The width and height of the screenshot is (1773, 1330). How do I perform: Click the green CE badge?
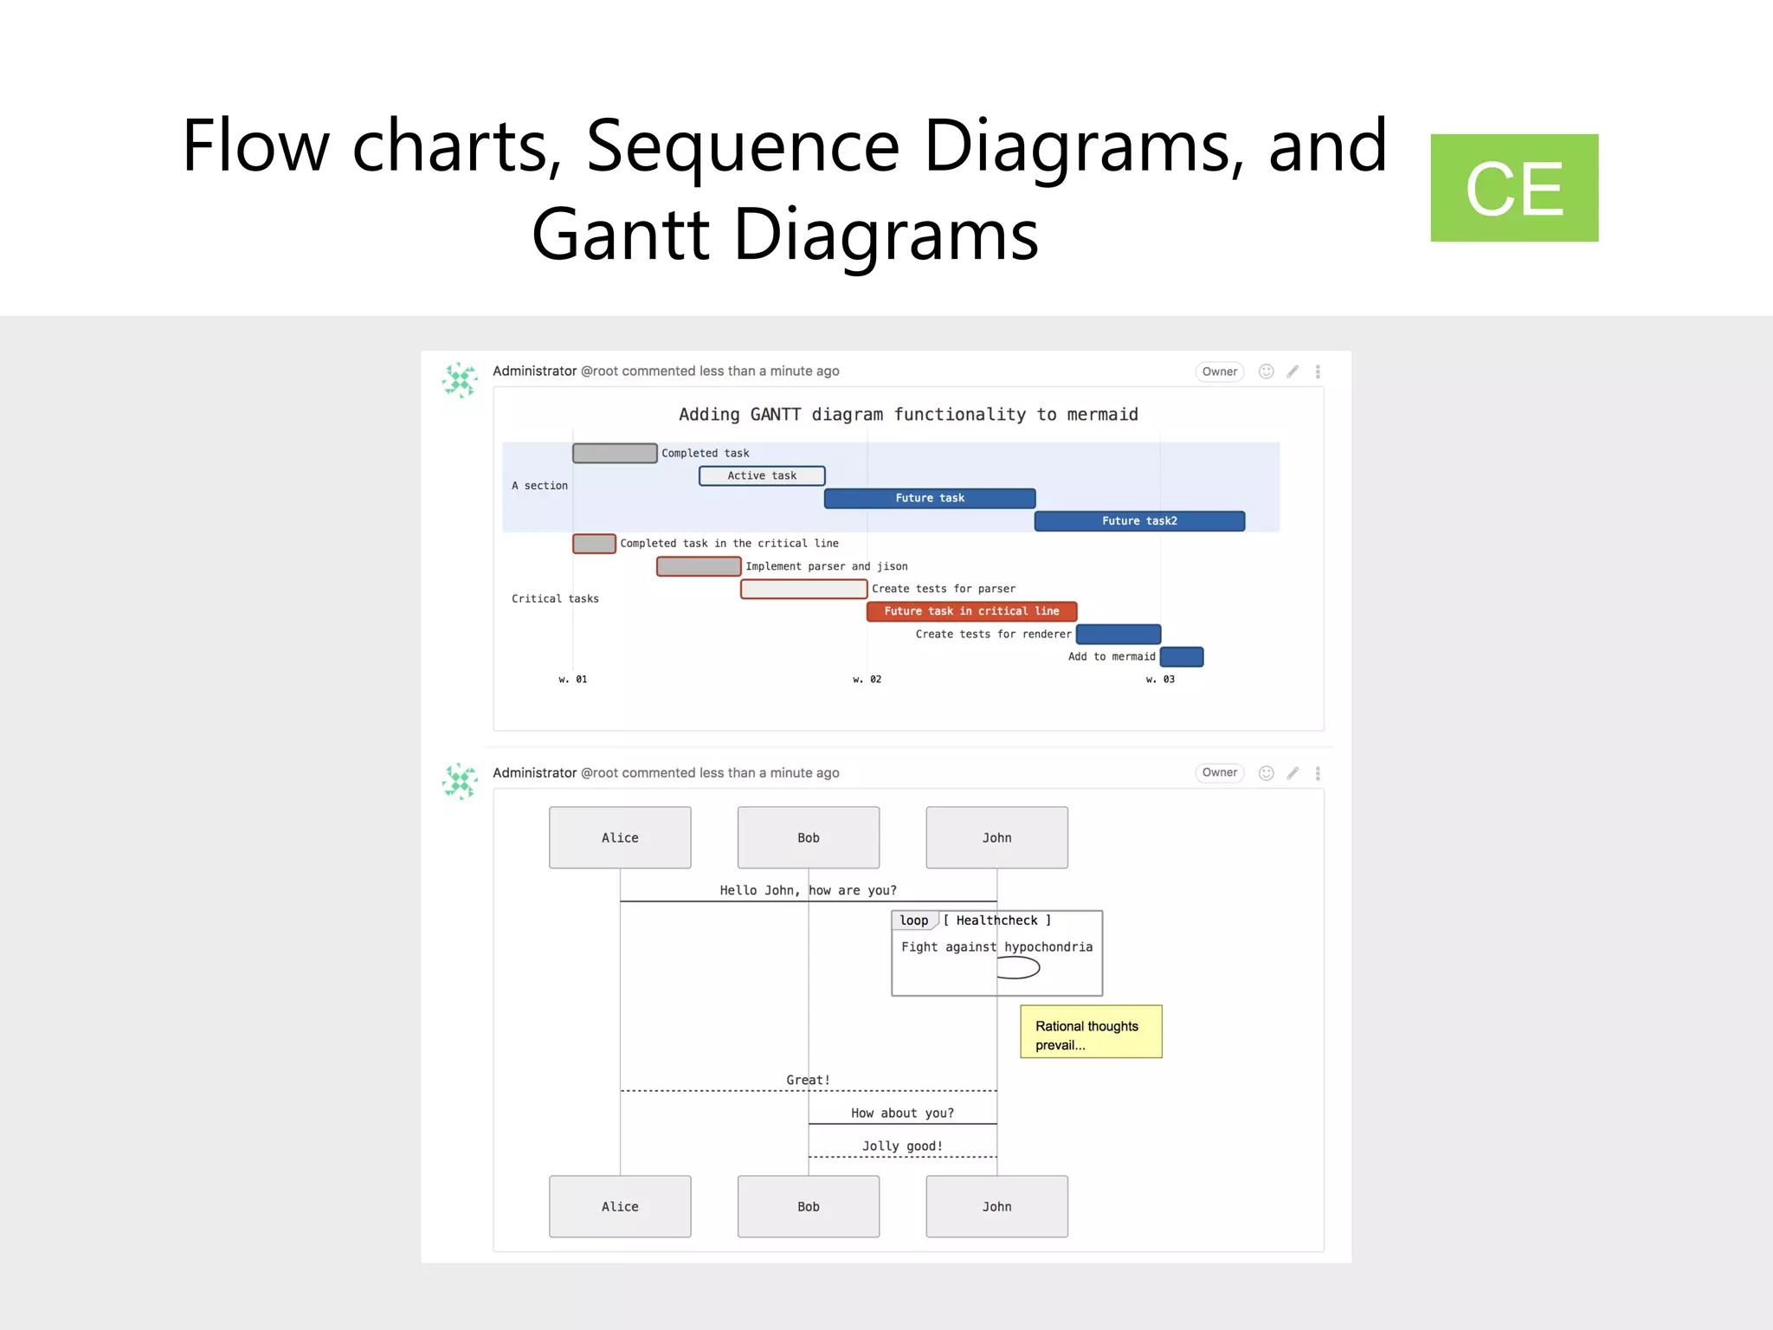coord(1513,188)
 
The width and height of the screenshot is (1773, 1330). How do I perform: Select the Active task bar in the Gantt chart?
coord(762,475)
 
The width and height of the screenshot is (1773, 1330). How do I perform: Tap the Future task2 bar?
coord(1139,520)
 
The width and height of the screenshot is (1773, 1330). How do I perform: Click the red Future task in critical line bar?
coord(971,611)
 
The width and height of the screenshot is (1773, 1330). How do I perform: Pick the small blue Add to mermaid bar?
coord(1182,656)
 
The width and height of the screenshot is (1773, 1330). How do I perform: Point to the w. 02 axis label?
coord(867,680)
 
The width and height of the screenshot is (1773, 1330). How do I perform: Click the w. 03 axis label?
coord(1160,680)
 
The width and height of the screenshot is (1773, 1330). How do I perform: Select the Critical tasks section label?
coord(555,598)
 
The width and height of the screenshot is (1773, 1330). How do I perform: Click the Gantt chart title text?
coord(908,414)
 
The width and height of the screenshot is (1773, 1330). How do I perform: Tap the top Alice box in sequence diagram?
coord(620,837)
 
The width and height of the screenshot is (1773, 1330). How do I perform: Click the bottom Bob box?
coord(809,1206)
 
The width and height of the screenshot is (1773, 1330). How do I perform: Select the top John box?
coord(996,837)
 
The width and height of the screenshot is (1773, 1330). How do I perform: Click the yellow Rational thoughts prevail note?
coord(1091,1032)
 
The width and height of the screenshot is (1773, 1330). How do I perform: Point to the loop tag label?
coord(914,920)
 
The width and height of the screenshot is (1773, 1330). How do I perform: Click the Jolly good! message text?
coord(902,1146)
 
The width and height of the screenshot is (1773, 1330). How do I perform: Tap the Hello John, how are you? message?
coord(808,890)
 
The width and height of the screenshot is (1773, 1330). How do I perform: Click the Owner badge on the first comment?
coord(1219,371)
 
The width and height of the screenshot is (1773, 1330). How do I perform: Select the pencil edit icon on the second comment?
coord(1293,773)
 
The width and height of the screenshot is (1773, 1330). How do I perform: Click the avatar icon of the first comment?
coord(460,380)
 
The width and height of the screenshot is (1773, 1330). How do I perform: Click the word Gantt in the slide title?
coord(621,235)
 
